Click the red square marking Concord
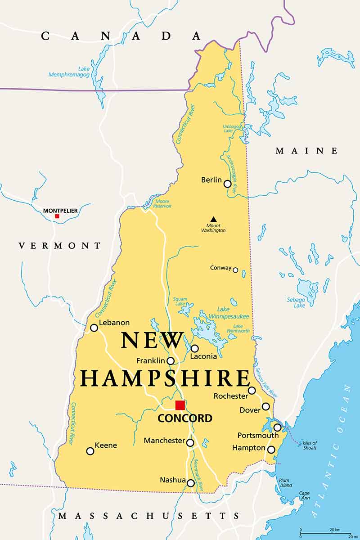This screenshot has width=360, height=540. [x=180, y=405]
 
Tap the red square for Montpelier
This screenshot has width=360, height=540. [x=57, y=216]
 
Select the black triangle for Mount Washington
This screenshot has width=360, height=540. [x=213, y=219]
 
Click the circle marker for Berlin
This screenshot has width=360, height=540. [x=228, y=184]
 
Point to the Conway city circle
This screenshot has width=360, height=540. [x=235, y=270]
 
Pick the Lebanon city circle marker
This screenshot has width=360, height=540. [x=94, y=328]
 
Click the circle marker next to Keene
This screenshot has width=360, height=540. [x=90, y=451]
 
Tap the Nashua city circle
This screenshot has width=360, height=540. [x=191, y=483]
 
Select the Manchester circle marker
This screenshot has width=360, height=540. [x=190, y=443]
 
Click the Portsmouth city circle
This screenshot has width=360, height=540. [x=278, y=427]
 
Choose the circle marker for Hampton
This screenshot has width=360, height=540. [x=271, y=449]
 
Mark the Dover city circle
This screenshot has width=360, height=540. [x=266, y=406]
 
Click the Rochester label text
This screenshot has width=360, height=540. [x=231, y=396]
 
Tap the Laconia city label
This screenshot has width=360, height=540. [x=203, y=356]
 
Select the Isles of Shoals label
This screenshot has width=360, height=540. [x=310, y=445]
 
